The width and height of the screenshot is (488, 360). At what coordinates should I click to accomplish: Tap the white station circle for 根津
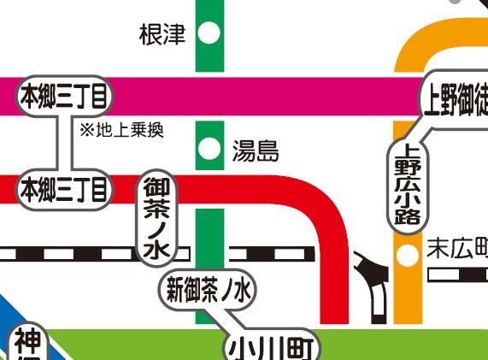(x=208, y=34)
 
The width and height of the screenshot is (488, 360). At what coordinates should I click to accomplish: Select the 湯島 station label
(x=256, y=152)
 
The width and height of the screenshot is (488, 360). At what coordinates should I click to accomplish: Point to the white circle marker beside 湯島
(x=208, y=152)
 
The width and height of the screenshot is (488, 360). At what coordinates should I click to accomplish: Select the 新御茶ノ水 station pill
(x=208, y=291)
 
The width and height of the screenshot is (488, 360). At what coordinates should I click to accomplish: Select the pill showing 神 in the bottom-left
(x=26, y=346)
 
